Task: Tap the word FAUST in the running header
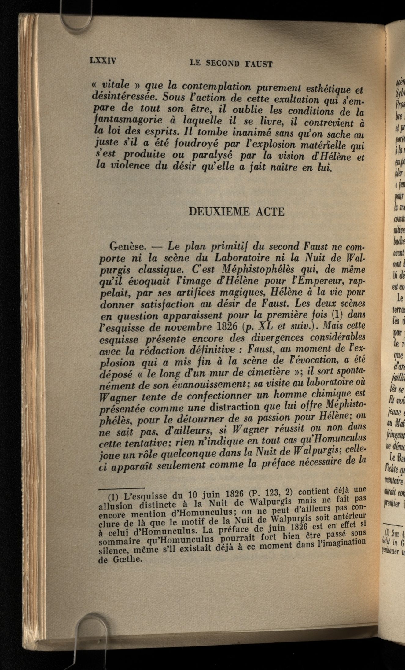258,64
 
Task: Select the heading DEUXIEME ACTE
237,212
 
